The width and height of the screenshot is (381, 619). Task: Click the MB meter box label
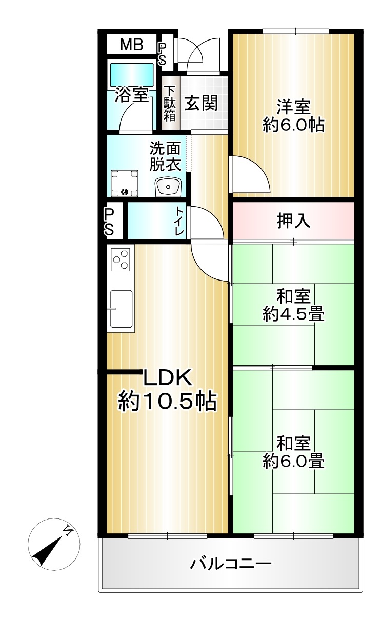(131, 45)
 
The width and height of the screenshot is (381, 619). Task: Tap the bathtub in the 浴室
(132, 74)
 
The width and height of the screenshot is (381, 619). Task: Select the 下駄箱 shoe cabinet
(170, 103)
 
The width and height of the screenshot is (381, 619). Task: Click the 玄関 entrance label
(201, 103)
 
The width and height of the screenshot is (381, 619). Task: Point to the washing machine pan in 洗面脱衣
(124, 183)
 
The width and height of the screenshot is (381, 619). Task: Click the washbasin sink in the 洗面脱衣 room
(168, 187)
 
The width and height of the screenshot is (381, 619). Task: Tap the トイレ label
(180, 222)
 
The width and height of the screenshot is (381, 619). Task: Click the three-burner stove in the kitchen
(121, 259)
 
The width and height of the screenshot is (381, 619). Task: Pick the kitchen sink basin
(121, 309)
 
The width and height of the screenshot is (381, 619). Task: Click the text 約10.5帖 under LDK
(168, 401)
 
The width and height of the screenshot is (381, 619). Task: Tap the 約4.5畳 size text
(293, 314)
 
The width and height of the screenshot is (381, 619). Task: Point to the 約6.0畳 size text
(293, 461)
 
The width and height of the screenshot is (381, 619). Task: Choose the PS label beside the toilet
(109, 222)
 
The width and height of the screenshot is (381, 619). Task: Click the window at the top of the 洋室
(296, 31)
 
